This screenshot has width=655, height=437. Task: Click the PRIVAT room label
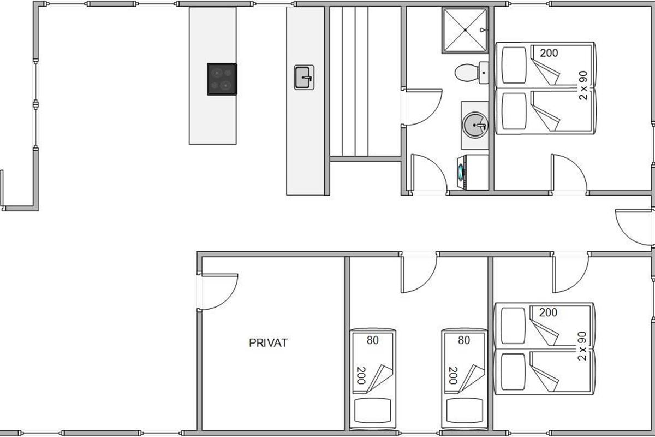268,343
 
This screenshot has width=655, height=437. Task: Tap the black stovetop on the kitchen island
222,79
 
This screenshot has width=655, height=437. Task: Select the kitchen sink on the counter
304,77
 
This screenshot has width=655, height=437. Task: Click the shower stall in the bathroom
465,30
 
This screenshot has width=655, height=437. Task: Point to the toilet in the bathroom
472,72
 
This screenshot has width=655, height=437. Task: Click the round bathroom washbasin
475,125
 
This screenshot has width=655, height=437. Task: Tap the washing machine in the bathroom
473,172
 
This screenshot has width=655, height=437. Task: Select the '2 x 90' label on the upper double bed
583,85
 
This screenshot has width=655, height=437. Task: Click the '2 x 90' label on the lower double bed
582,346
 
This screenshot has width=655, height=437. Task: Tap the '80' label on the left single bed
372,340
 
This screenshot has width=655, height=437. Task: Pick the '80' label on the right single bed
464,340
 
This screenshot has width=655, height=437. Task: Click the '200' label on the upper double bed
549,53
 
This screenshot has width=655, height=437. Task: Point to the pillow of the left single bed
372,410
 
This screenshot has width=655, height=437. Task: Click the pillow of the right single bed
465,410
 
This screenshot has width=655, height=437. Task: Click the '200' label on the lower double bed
548,312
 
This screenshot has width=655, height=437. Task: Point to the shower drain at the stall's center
465,30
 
